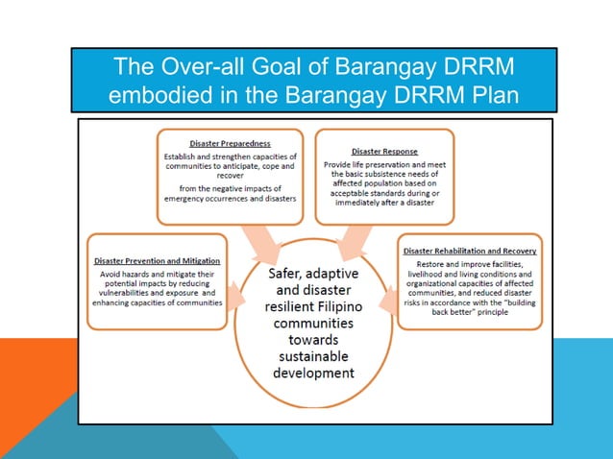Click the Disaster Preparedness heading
tap(229, 144)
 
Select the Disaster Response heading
tap(384, 151)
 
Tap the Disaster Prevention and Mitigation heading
tap(157, 260)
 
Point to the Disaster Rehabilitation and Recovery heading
tap(470, 252)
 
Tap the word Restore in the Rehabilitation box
tap(431, 263)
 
